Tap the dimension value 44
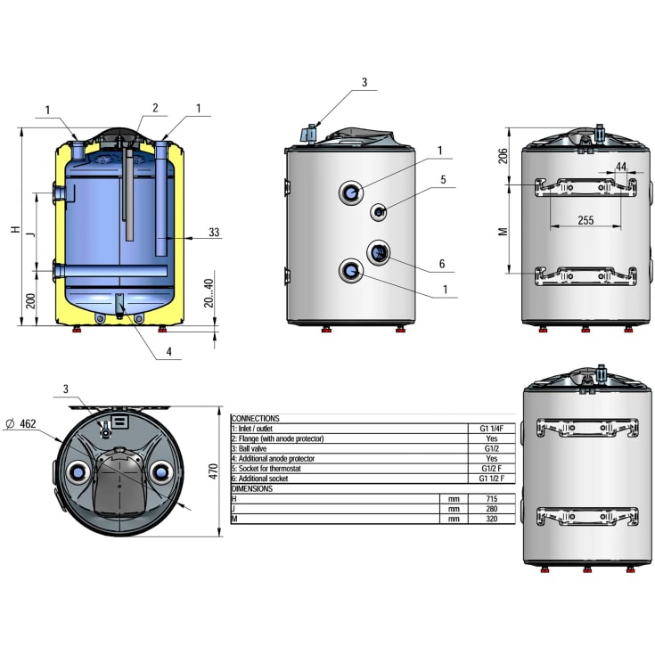click(620, 167)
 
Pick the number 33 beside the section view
click(214, 233)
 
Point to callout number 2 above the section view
click(154, 108)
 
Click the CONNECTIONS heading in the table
click(255, 418)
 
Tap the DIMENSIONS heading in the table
click(253, 488)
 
